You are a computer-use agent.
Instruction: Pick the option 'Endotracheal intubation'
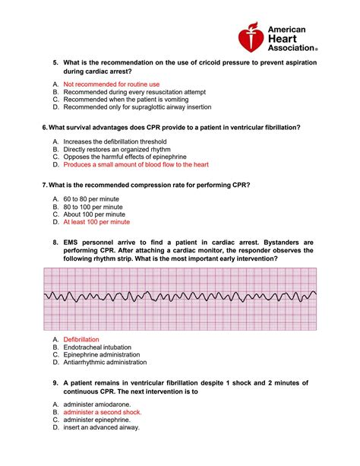pyautogui.click(x=100, y=347)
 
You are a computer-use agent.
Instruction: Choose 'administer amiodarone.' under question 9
pyautogui.click(x=97, y=404)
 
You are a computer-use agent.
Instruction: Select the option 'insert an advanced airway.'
pyautogui.click(x=102, y=427)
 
